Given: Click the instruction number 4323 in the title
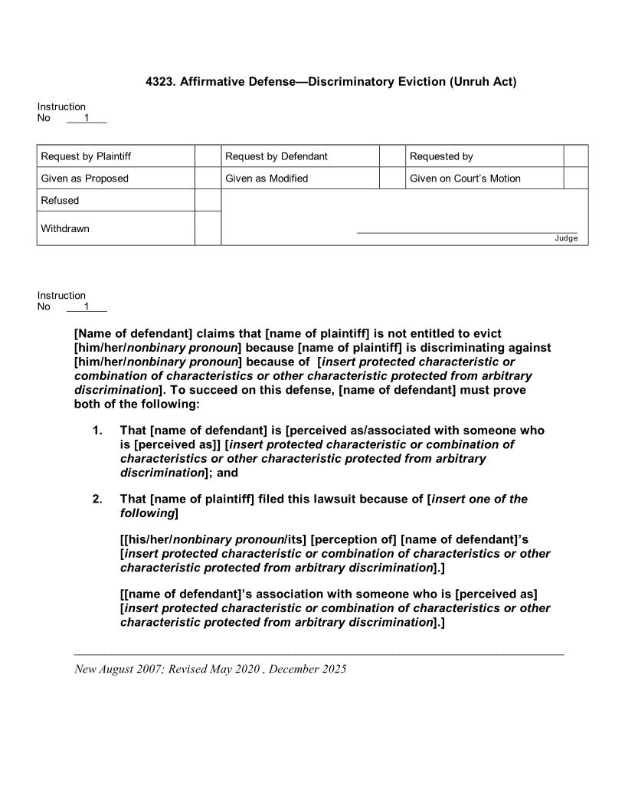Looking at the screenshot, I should coord(160,81).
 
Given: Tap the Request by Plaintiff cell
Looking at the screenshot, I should coord(86,156).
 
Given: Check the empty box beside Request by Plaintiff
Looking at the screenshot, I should coord(208,156).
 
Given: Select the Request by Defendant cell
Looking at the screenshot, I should coord(277,156).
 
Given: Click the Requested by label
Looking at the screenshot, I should coord(441,156).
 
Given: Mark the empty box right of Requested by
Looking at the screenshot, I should coord(576,156).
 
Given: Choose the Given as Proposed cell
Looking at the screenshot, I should coord(85,179).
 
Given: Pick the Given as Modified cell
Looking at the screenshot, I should coord(267,179).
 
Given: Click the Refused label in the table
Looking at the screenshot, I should coord(60,201).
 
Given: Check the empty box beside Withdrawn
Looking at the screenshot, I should coord(208,228).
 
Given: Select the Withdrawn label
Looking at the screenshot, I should coord(65,228).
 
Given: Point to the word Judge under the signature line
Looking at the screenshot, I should coord(566,238).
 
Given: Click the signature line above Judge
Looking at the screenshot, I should coord(467,232).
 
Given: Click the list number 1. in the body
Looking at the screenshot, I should coord(97,431).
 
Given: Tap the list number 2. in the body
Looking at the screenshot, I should coord(97,499).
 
